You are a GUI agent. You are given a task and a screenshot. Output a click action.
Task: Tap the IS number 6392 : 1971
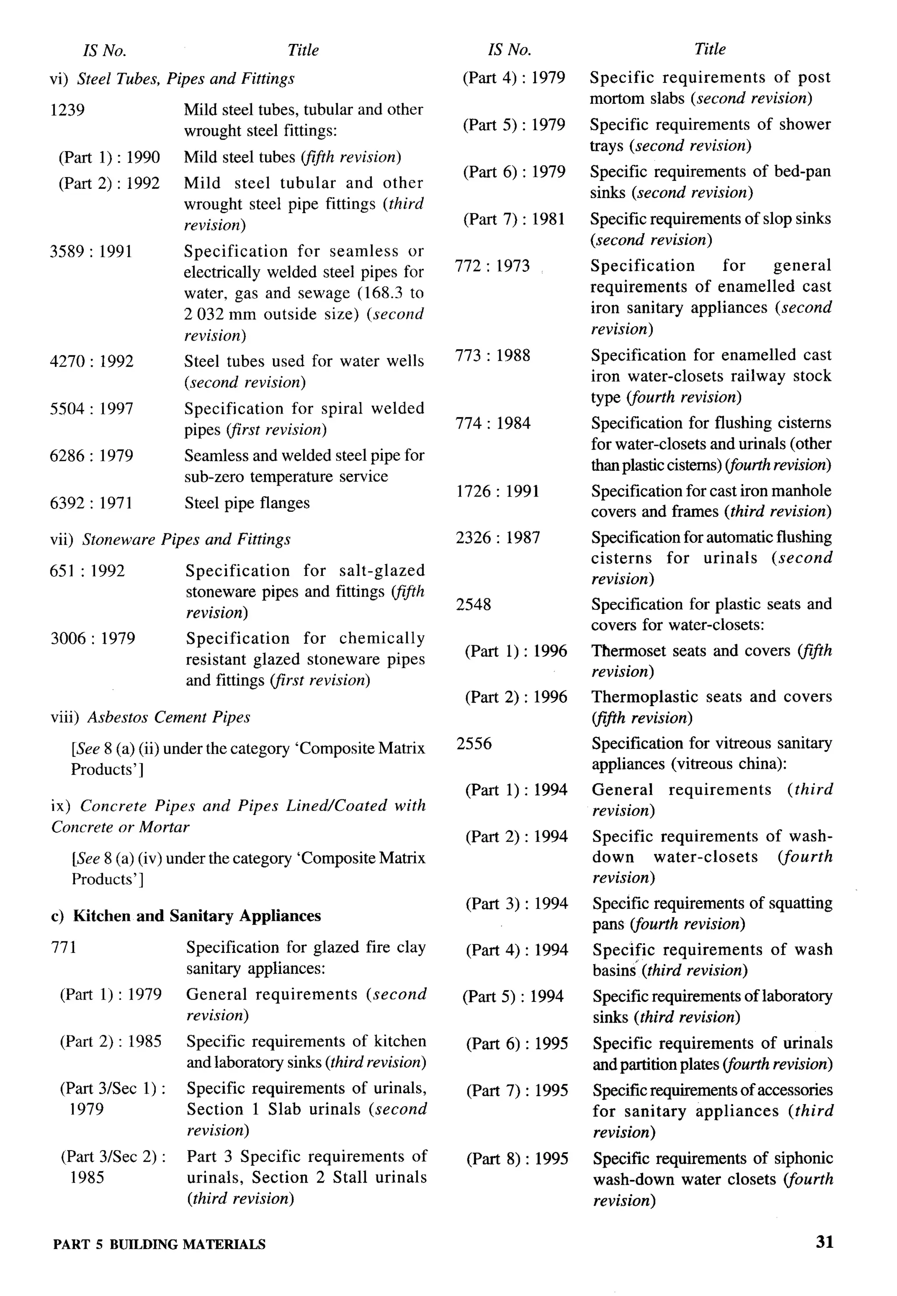point(91,503)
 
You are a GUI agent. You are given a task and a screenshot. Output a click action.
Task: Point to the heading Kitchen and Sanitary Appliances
point(197,916)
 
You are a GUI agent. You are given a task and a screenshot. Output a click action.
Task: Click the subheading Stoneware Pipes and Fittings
point(186,540)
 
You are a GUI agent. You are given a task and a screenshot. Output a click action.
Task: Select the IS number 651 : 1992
point(87,571)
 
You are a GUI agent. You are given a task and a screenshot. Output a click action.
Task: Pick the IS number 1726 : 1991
point(498,491)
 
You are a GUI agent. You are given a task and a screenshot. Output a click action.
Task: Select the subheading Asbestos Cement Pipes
point(168,717)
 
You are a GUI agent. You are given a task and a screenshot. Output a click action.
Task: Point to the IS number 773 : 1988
point(492,355)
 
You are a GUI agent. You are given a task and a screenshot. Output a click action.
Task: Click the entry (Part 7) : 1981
point(514,219)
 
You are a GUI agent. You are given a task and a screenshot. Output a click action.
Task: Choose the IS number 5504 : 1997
point(91,409)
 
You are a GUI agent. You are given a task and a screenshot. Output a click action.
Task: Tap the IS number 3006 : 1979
point(93,639)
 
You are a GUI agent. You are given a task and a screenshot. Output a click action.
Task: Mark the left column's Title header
point(303,50)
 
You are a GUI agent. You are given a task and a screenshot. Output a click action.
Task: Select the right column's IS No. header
point(509,50)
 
